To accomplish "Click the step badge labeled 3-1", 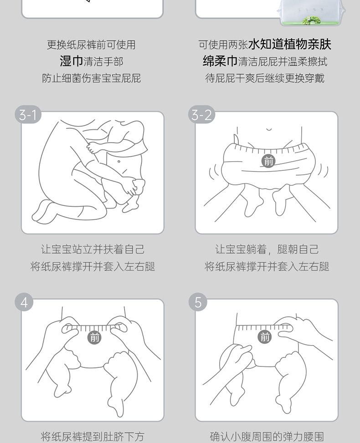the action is click(28, 115).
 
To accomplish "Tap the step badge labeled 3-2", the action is click(201, 115).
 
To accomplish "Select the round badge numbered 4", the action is click(24, 302).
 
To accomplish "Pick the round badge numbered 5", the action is click(198, 302).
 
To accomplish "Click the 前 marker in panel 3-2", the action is click(268, 161).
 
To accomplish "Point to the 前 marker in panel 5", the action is click(265, 337).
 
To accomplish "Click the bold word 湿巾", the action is click(71, 61).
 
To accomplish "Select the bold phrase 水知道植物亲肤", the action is click(289, 44).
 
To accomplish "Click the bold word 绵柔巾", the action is click(220, 61).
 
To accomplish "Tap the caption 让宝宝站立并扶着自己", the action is click(93, 249).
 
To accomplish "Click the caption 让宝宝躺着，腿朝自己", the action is click(267, 249).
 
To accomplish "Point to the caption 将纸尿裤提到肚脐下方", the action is click(93, 437).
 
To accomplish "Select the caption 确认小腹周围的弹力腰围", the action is click(267, 437).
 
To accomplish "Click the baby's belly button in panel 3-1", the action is click(119, 162).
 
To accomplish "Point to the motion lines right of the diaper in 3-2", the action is click(322, 171).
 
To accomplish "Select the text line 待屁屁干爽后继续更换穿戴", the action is click(265, 78).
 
